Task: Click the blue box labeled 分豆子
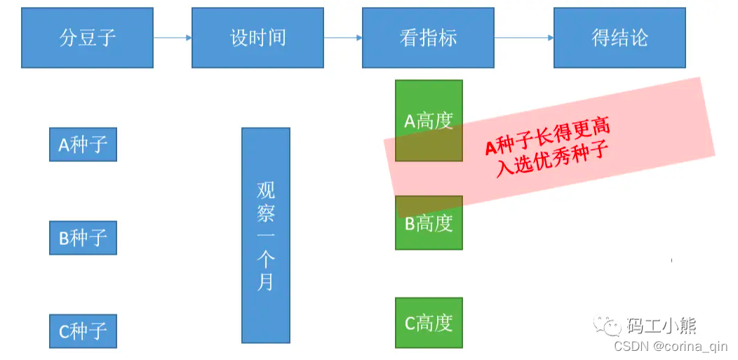(87, 38)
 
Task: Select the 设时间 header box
(257, 38)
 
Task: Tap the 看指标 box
(428, 38)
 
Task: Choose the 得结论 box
(619, 38)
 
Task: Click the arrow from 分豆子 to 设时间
(173, 38)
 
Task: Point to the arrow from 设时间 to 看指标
(343, 38)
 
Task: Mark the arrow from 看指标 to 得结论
(523, 38)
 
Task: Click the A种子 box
(83, 145)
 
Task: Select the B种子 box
(83, 238)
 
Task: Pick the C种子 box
(83, 331)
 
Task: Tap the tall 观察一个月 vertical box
(266, 235)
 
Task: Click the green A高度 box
(429, 121)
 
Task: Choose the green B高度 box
(429, 223)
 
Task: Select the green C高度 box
(429, 323)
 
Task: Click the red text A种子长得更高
(547, 137)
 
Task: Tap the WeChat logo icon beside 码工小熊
(608, 325)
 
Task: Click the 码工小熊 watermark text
(661, 325)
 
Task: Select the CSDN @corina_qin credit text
(670, 346)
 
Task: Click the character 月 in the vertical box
(266, 282)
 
